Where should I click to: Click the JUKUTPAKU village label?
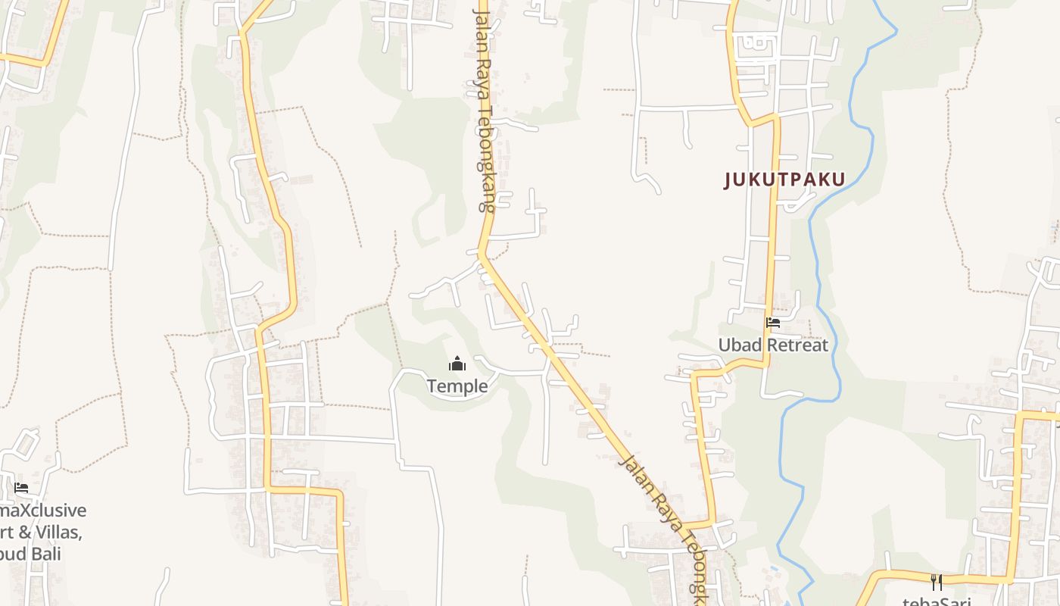[x=784, y=180]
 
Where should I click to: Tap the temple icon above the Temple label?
[x=457, y=364]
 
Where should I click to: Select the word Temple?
[x=457, y=386]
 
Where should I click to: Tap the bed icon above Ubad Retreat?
[x=773, y=323]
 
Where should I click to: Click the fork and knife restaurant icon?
[x=937, y=582]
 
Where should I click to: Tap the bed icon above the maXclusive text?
[x=21, y=488]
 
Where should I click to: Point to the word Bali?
[x=46, y=553]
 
